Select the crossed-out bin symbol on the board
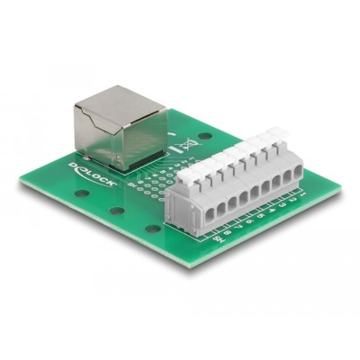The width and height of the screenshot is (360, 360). coord(189,144)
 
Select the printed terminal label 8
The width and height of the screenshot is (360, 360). coord(229,234)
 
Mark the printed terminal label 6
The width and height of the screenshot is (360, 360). coord(251,222)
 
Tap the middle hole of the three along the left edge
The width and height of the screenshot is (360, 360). coord(116,211)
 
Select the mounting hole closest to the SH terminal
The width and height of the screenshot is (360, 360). coord(154,229)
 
